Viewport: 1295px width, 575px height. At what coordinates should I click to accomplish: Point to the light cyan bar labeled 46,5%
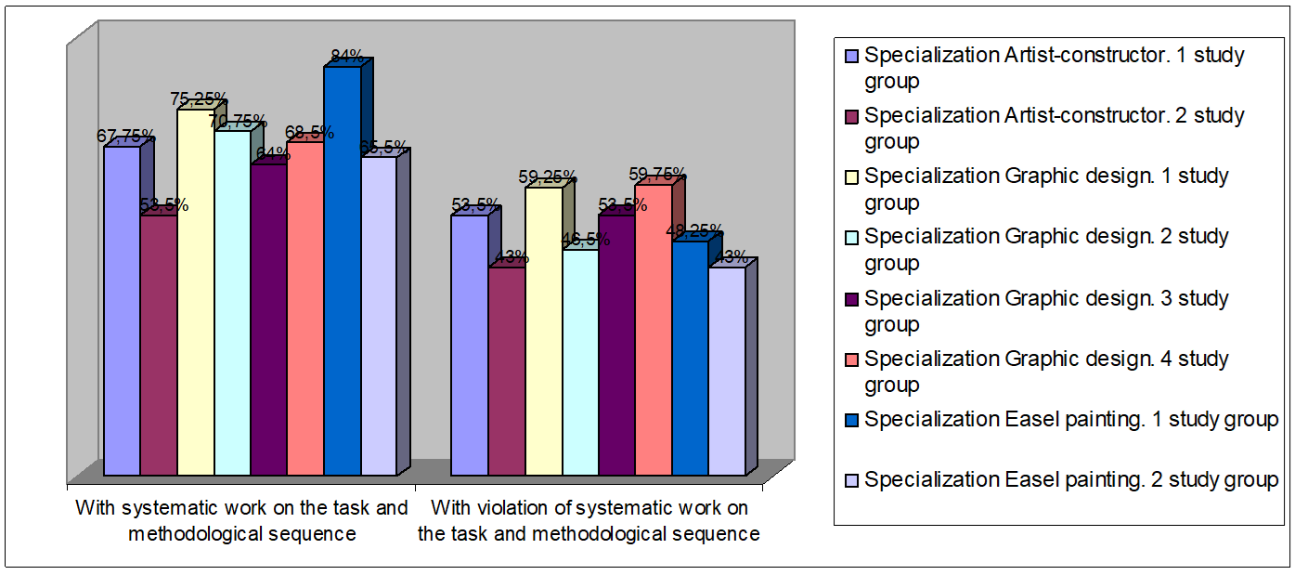click(x=579, y=362)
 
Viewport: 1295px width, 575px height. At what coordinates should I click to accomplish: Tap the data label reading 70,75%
click(x=238, y=121)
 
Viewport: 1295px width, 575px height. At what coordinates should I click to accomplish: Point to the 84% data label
click(x=347, y=57)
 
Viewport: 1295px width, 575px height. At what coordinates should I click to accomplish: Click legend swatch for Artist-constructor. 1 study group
click(x=852, y=56)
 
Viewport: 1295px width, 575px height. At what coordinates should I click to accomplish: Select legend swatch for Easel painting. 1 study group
click(x=852, y=420)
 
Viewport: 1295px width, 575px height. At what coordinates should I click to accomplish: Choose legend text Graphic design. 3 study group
click(x=1046, y=311)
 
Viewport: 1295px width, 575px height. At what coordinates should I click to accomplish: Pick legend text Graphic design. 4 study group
click(x=1046, y=372)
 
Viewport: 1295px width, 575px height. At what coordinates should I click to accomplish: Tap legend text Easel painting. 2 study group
click(x=1071, y=480)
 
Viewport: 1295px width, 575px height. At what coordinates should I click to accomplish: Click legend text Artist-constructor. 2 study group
click(x=1054, y=128)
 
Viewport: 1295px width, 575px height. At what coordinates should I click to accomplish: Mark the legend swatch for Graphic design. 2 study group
click(x=852, y=238)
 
